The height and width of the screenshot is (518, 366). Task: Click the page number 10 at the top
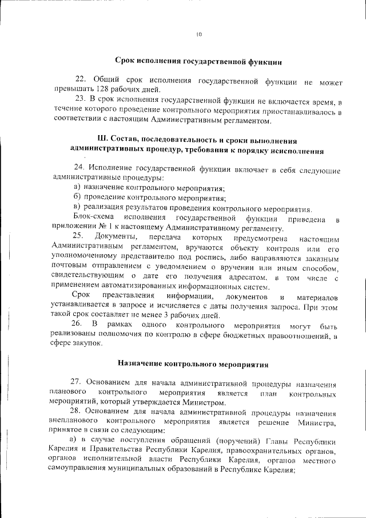pyautogui.click(x=199, y=34)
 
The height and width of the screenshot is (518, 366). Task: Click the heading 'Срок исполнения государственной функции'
pyautogui.click(x=198, y=60)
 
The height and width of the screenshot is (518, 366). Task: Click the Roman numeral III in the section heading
pyautogui.click(x=103, y=140)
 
